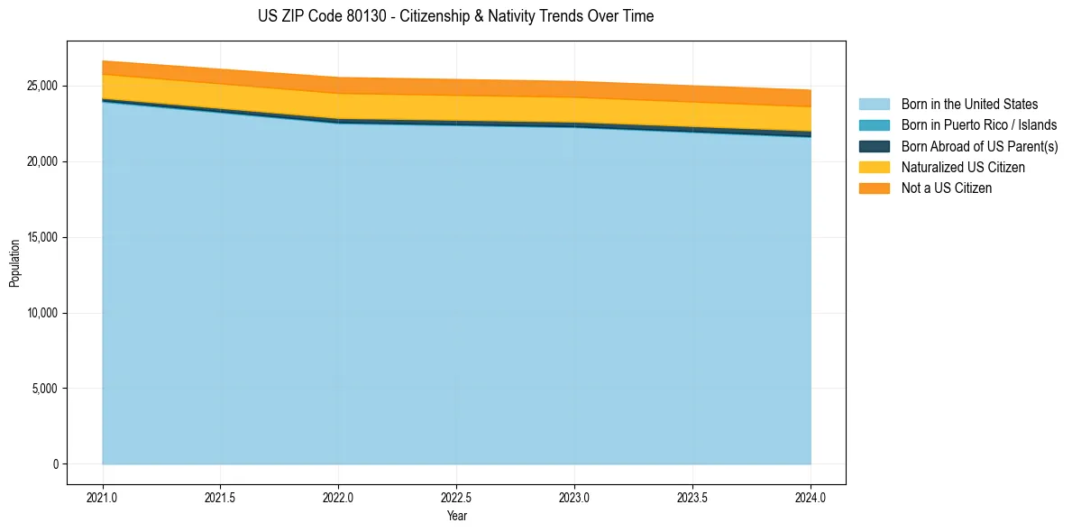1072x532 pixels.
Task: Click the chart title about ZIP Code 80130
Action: click(455, 16)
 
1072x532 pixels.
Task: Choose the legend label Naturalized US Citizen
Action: click(963, 168)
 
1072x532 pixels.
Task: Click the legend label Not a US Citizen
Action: click(947, 188)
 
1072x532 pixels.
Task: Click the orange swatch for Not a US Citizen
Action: click(874, 188)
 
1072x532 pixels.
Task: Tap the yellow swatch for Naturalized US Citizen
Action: click(874, 168)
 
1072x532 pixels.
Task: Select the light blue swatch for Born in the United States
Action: click(874, 105)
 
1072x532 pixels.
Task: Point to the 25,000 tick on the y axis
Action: click(41, 87)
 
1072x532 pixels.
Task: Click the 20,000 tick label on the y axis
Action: click(41, 162)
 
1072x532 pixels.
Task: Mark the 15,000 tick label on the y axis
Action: click(41, 238)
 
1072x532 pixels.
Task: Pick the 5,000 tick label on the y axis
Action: click(44, 390)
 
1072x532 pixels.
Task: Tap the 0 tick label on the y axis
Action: click(56, 464)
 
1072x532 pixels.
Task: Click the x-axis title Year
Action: click(456, 517)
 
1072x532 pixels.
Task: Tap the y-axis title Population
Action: click(14, 263)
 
